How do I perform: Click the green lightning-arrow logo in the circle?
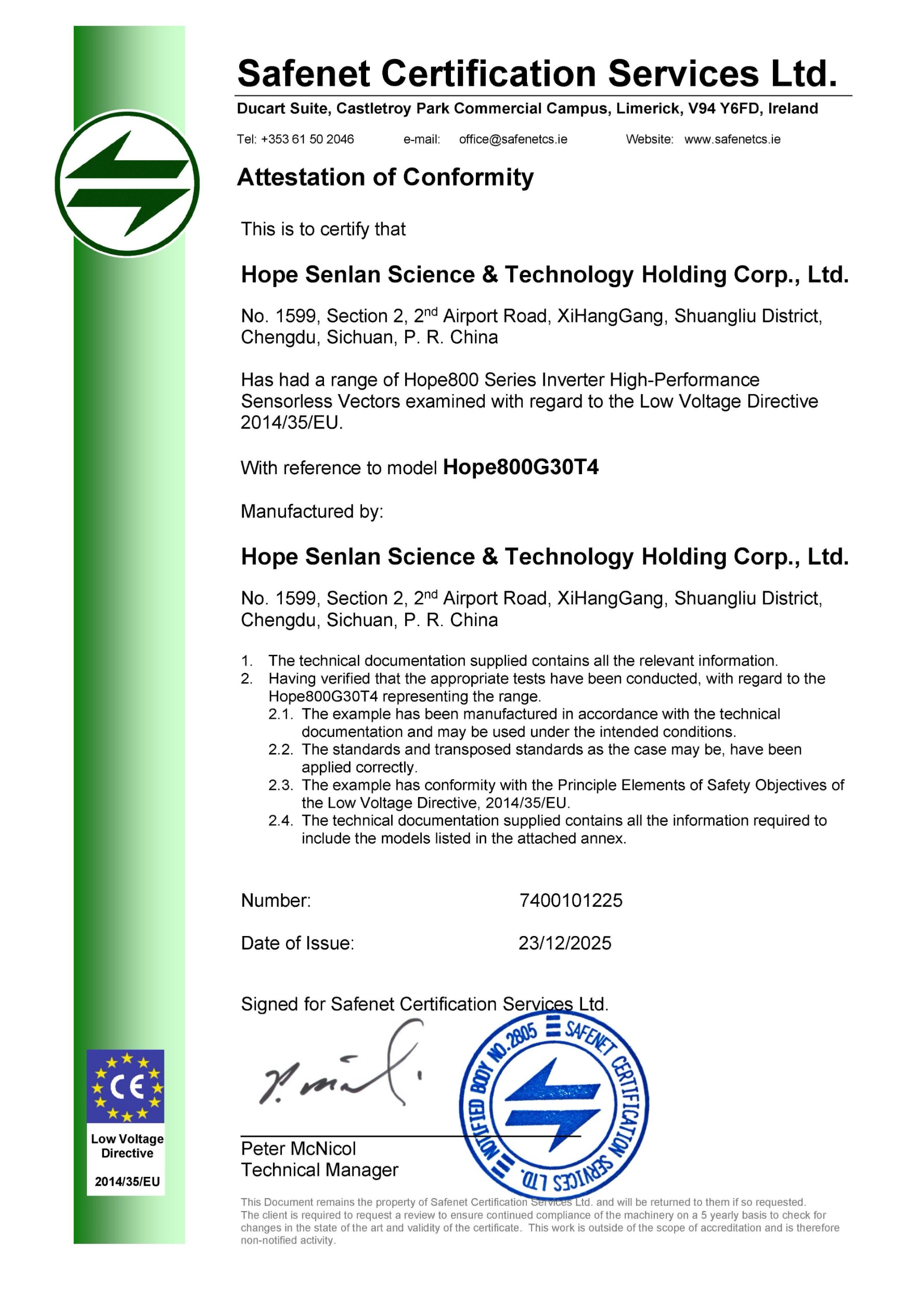127,184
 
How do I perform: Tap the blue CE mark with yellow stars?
126,1087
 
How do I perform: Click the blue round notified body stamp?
553,1104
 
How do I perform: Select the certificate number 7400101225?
571,901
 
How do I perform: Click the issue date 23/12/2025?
564,943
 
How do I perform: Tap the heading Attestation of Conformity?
385,177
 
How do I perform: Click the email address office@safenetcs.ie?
513,139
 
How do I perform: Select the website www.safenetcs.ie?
732,139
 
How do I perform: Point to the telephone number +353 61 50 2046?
307,139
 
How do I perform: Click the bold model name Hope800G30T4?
521,467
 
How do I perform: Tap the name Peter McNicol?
299,1149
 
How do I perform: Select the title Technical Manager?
319,1170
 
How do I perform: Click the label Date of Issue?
297,943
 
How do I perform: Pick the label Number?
276,901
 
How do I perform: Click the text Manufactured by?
312,511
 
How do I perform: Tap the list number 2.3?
280,785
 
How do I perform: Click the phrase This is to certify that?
323,229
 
